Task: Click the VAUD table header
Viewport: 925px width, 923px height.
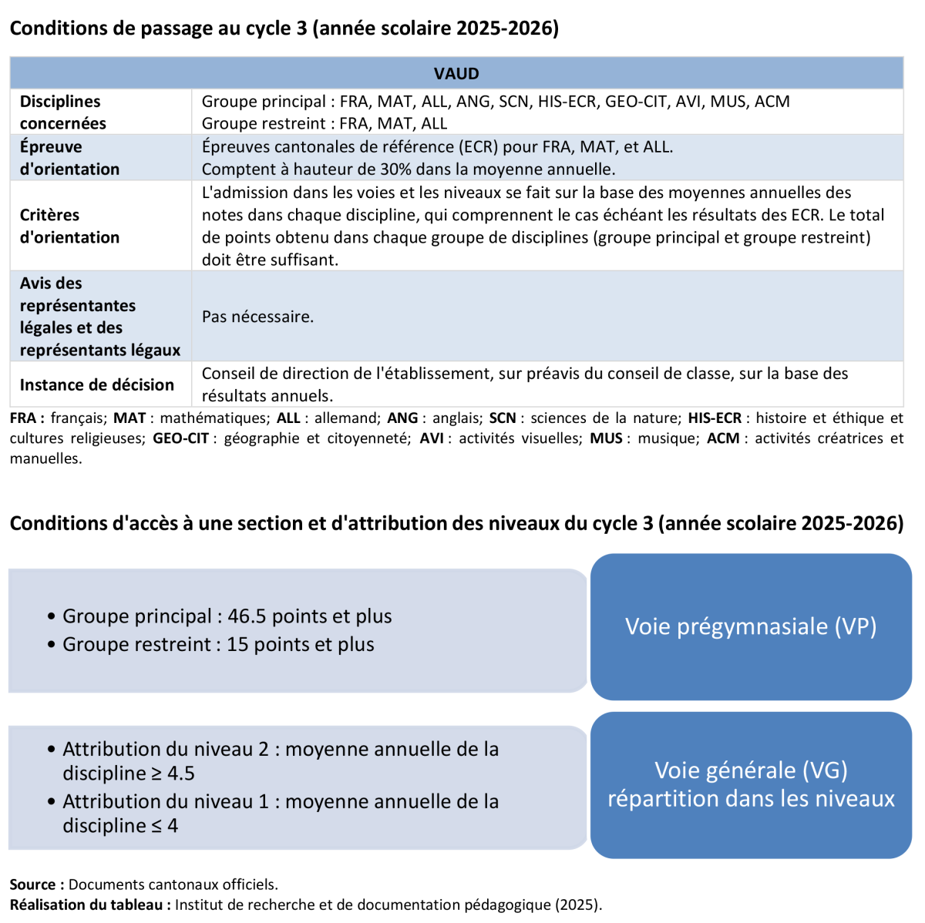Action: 456,74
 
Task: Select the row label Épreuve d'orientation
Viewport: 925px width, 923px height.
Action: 69,158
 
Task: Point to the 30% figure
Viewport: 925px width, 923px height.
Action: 395,169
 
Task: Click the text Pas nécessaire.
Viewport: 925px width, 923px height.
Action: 257,317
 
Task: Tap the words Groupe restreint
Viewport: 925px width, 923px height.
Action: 136,644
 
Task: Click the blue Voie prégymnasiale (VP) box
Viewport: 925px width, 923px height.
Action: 751,626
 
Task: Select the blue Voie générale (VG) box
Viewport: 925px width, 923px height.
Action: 751,784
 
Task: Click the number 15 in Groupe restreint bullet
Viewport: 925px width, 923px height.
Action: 237,644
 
